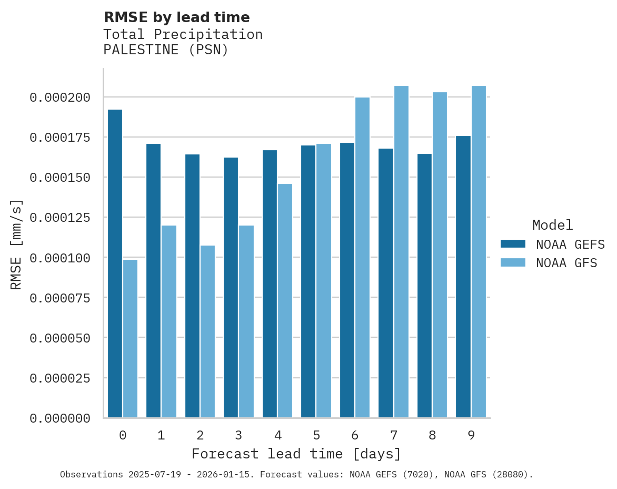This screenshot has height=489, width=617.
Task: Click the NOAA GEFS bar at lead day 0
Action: click(115, 263)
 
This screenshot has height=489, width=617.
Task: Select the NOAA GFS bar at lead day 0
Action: click(130, 338)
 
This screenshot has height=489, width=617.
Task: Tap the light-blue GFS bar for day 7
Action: click(401, 252)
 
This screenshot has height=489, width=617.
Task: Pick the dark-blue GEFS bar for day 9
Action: click(463, 277)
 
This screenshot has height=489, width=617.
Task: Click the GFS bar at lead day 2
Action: click(207, 331)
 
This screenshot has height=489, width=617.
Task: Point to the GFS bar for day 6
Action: click(362, 258)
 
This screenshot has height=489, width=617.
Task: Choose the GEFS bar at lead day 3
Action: click(231, 287)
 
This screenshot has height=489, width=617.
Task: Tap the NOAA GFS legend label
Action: click(566, 262)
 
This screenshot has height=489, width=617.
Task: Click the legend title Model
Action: click(552, 225)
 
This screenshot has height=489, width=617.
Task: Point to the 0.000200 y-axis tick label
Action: click(60, 97)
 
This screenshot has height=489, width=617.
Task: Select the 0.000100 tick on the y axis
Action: click(60, 258)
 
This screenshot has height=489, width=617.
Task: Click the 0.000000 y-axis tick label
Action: click(60, 418)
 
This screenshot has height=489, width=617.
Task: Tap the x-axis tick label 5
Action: click(316, 435)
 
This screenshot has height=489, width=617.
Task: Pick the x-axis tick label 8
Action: click(432, 435)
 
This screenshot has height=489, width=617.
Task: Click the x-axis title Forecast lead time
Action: click(296, 454)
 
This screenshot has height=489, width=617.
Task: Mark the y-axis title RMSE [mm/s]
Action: click(16, 244)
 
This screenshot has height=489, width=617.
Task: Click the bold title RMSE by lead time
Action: click(176, 17)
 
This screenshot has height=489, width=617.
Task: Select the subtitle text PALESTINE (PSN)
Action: click(166, 51)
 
